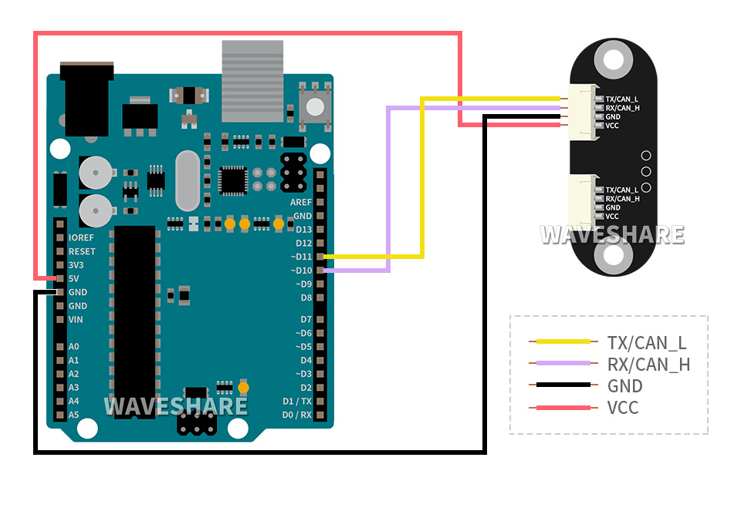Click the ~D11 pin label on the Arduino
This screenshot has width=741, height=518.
point(301,257)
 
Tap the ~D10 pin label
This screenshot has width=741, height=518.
point(301,271)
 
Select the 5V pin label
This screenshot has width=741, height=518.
point(73,278)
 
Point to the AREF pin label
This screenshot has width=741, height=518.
point(301,202)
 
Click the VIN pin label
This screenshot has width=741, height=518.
point(76,319)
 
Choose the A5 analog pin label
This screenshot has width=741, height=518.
point(73,415)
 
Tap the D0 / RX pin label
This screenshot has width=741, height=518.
point(297,415)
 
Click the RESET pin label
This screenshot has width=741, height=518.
point(82,251)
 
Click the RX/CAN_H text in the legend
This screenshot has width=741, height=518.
point(648,364)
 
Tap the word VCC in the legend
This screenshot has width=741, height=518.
point(623,407)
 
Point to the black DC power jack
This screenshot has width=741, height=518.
point(86,96)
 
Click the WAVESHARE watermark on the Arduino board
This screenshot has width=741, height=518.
point(176,405)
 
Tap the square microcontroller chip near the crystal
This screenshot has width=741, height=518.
point(232,180)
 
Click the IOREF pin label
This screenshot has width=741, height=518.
point(81,237)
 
